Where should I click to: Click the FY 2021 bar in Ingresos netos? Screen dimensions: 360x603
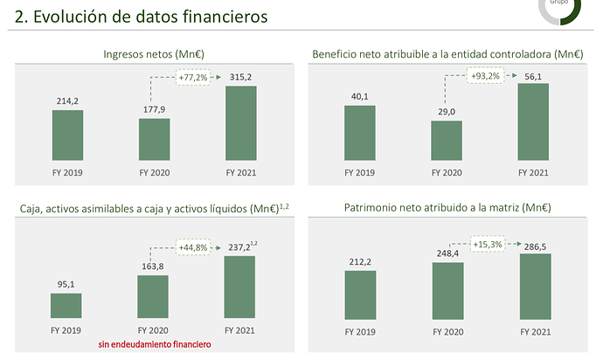241,123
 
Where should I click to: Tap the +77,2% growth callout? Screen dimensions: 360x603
194,78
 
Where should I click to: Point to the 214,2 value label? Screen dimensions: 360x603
67,100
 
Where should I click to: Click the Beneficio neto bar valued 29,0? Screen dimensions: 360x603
446,141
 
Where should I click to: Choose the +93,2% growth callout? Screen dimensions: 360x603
486,76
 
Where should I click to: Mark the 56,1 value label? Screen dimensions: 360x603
533,74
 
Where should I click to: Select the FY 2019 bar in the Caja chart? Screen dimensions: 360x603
66,305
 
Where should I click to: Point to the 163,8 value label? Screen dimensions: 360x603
155,266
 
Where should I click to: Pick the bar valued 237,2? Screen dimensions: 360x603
240,287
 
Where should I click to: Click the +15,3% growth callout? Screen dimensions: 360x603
487,244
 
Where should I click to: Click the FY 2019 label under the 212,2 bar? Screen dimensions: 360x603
359,332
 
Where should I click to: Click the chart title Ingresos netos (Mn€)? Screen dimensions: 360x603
155,54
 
